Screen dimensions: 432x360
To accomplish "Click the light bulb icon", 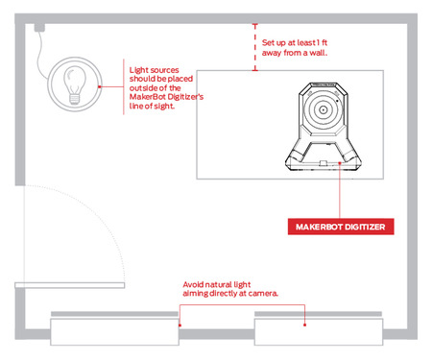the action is point(75,85).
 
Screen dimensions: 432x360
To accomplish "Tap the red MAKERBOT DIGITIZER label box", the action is point(341,227).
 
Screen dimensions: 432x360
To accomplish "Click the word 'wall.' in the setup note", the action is point(318,53).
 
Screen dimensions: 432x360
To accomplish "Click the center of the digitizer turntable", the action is point(323,109).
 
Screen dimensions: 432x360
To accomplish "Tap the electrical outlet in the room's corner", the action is point(39,28).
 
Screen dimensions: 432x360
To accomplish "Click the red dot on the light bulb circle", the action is point(100,86).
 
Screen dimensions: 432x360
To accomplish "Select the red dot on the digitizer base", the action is point(340,163).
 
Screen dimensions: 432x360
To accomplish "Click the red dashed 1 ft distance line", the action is point(255,47).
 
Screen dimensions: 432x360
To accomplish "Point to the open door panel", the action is point(70,285).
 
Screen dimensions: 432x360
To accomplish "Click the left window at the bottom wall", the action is point(114,331).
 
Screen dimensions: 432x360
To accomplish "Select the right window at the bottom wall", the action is point(319,331).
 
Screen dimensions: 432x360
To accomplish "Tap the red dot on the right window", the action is point(305,324).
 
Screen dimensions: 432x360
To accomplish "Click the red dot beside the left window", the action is point(180,325).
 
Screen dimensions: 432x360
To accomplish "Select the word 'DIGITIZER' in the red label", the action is point(367,227).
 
